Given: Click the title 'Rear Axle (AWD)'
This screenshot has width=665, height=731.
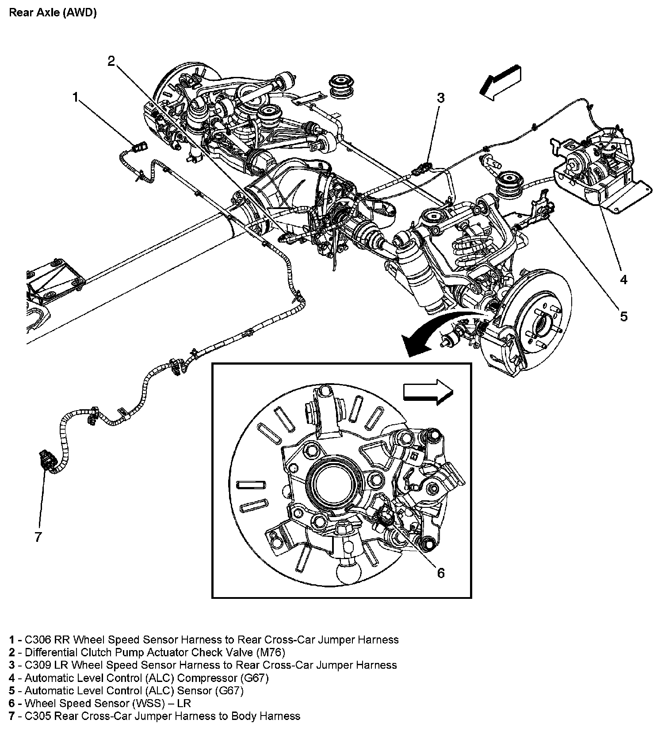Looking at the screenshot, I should (53, 12).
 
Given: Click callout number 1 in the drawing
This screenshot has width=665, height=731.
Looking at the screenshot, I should (76, 97).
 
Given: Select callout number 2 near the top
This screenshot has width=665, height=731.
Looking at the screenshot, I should (111, 61).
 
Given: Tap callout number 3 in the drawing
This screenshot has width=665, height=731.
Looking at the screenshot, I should (440, 98).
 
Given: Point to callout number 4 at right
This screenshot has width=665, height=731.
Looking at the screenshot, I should (623, 279).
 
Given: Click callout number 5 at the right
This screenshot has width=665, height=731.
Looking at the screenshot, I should (623, 316).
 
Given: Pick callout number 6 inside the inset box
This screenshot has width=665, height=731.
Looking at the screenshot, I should (440, 573).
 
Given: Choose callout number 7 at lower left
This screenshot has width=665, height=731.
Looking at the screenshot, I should (38, 537).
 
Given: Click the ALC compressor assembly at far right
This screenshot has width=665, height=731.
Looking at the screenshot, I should (597, 170).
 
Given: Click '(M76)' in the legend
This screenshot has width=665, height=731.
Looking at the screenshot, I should (270, 652).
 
